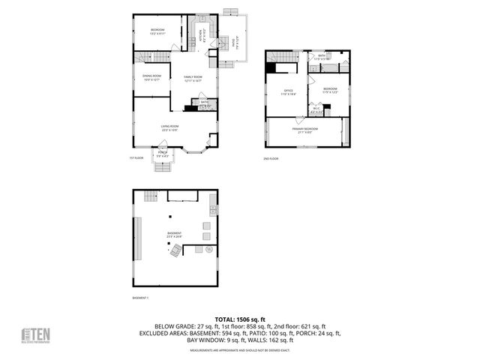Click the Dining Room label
click(x=152, y=76)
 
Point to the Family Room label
click(x=193, y=78)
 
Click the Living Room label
click(x=169, y=127)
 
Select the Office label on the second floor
click(x=289, y=92)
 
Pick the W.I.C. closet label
click(x=317, y=110)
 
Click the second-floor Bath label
click(x=321, y=57)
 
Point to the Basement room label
click(x=174, y=235)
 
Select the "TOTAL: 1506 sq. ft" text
click(x=240, y=319)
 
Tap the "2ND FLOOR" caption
click(x=271, y=159)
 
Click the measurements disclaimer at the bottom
click(x=240, y=350)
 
